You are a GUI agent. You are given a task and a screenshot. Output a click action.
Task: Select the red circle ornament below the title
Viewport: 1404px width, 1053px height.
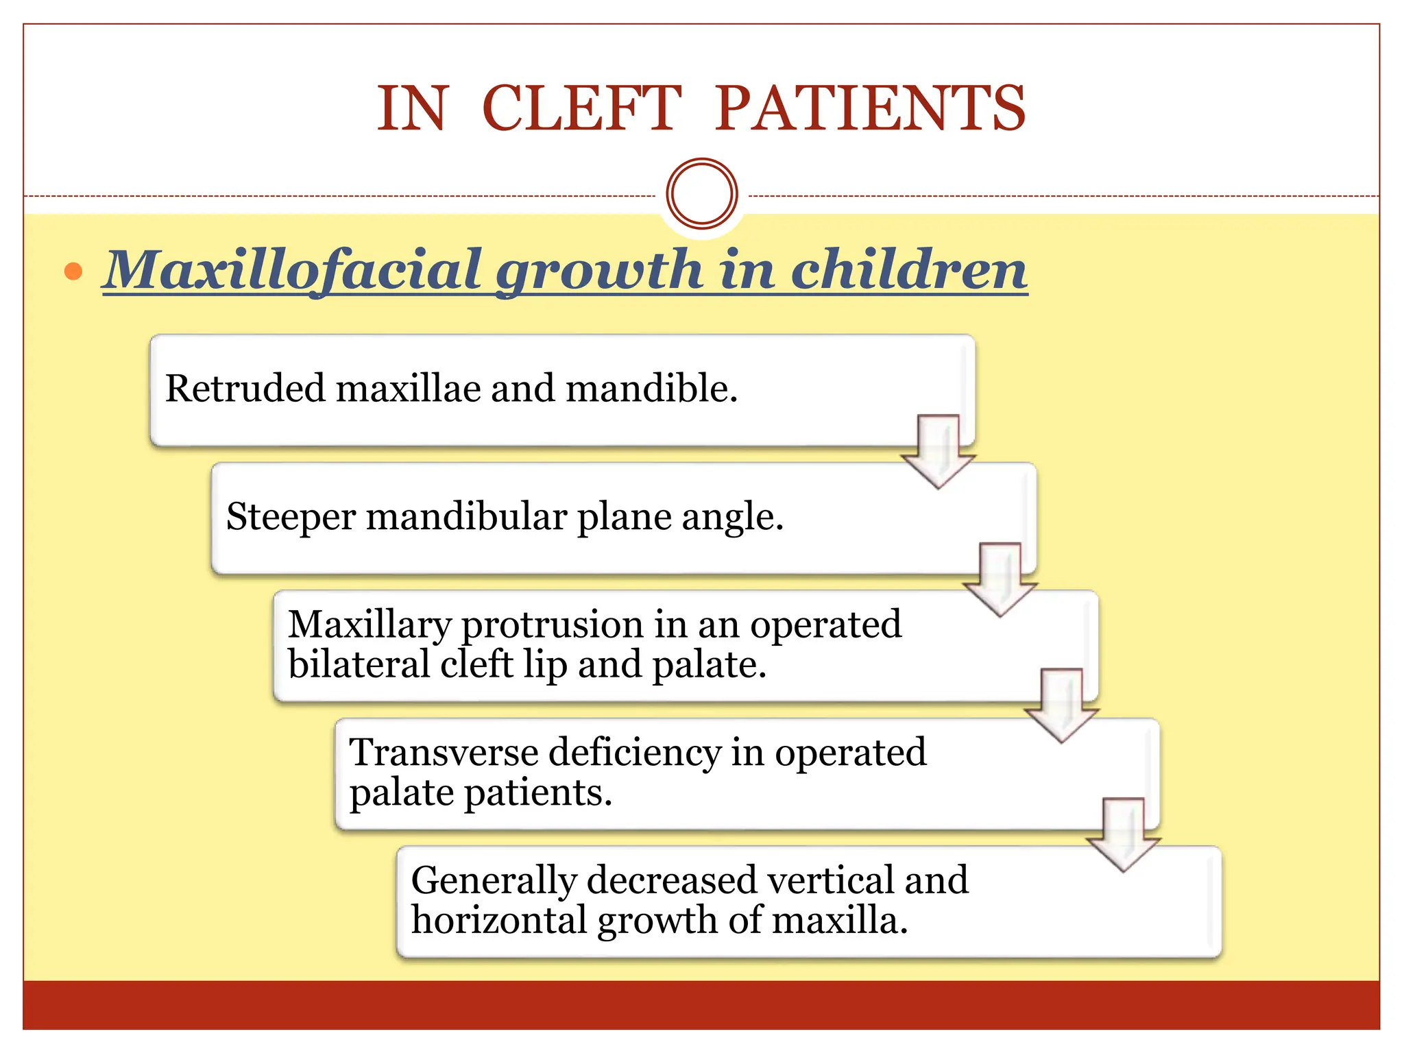(701, 193)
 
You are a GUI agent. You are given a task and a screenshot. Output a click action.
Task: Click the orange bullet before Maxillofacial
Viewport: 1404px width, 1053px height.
(73, 272)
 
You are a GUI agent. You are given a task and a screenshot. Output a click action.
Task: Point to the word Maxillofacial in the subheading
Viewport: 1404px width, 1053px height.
(293, 270)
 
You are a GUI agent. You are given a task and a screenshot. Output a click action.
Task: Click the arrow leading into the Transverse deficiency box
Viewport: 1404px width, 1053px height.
(1061, 705)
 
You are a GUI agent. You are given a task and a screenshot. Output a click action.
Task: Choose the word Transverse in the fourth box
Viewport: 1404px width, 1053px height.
(444, 752)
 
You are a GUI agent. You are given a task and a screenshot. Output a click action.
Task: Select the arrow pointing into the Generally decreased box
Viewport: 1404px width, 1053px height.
(1123, 834)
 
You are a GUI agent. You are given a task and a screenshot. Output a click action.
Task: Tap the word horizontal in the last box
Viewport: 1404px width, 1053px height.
(498, 920)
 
